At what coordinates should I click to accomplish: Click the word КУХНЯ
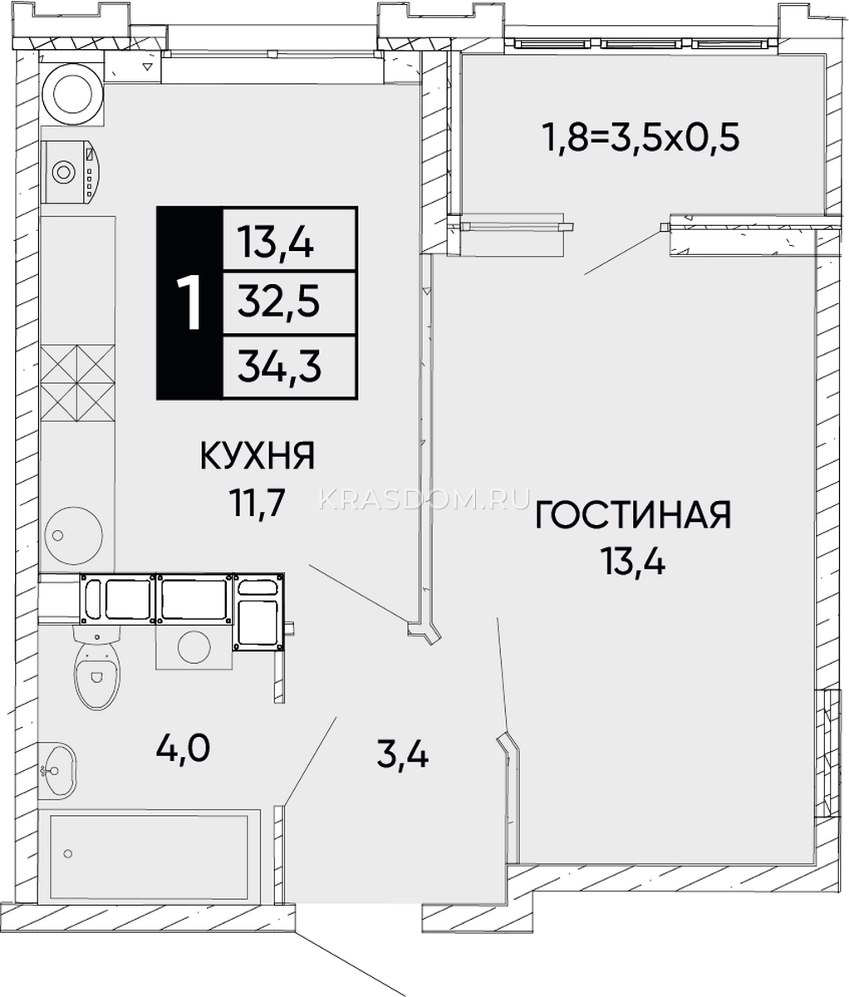point(258,455)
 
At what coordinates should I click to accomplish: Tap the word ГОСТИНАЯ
point(633,515)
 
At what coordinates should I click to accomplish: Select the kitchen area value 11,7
point(258,503)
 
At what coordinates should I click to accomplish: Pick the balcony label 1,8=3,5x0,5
point(641,137)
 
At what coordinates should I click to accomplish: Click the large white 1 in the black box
point(189,303)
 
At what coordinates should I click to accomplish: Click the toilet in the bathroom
point(97,668)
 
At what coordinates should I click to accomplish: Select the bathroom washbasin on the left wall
point(57,771)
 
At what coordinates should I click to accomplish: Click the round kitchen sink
point(73,536)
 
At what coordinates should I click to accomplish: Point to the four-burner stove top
point(77,384)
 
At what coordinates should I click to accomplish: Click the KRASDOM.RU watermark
point(424,499)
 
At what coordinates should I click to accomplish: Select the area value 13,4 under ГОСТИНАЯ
point(633,562)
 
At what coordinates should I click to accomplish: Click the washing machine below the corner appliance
point(71,172)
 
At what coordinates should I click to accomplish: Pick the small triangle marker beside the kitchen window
point(148,66)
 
